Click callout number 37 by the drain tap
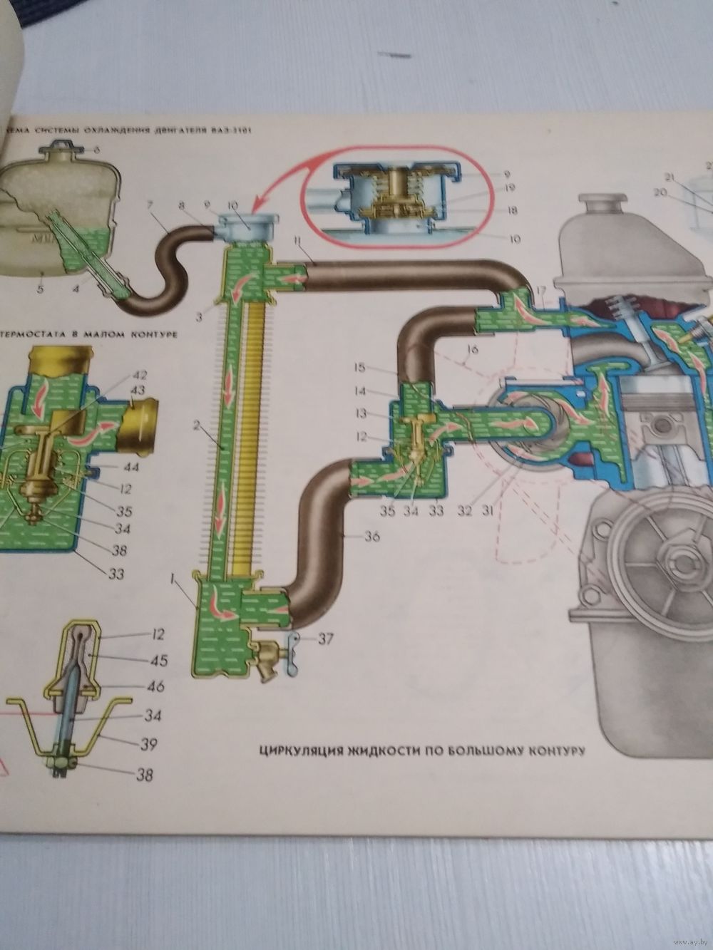point(326,639)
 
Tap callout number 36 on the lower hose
point(371,538)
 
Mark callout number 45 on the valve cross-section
point(158,661)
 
